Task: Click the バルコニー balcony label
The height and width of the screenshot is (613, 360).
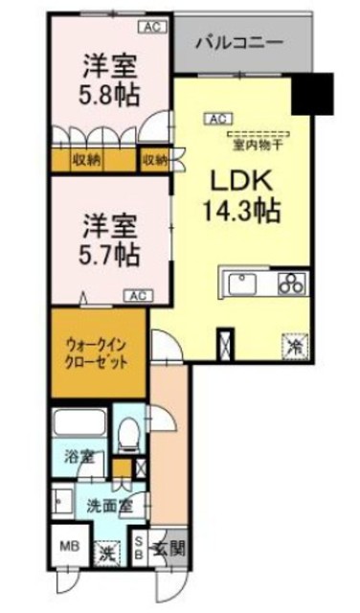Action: click(238, 43)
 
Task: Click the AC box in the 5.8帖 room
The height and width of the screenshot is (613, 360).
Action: click(150, 27)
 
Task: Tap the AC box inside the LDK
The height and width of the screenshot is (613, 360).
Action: click(215, 119)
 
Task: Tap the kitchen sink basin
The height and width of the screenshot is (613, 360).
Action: click(240, 284)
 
